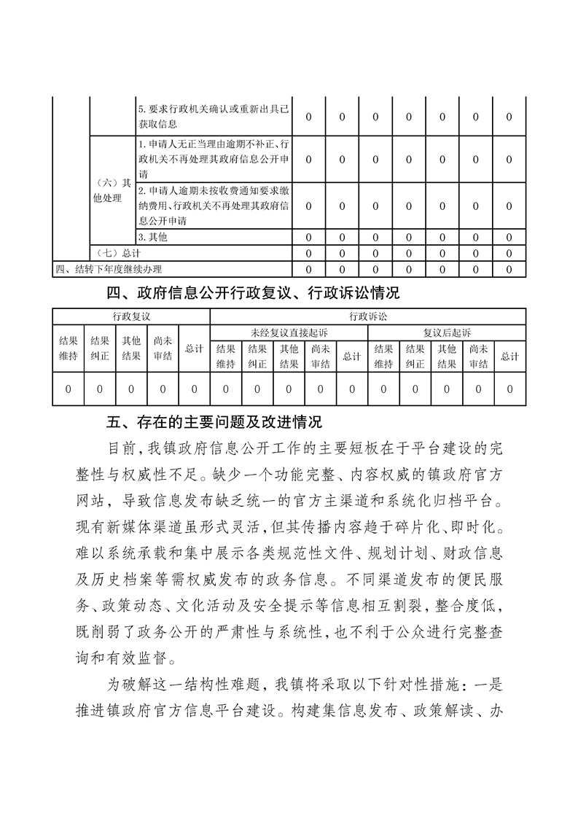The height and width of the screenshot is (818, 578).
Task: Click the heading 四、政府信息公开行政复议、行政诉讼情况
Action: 253,294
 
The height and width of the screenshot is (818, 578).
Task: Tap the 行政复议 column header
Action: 131,316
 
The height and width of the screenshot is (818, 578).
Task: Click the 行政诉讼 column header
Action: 368,316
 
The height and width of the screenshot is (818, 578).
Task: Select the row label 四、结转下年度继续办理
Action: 109,269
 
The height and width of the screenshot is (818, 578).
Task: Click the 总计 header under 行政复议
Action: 194,349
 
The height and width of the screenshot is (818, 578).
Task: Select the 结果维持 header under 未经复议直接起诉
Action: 226,357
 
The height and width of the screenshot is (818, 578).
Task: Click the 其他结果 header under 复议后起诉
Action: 447,357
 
